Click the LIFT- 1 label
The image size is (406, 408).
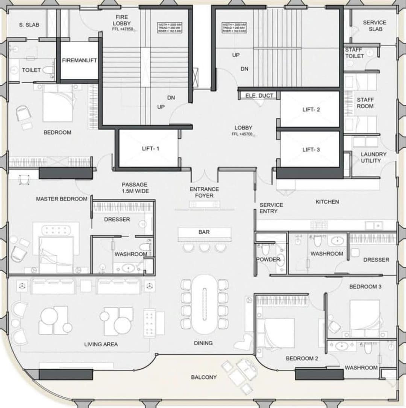point(150,149)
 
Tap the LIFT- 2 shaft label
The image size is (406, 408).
point(311,110)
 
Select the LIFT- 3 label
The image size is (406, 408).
point(311,149)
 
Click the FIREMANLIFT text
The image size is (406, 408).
point(79,60)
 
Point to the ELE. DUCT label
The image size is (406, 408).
point(259,96)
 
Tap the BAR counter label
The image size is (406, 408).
point(204,232)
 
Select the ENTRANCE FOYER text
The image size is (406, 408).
point(204,193)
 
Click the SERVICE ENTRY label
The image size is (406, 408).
point(271,208)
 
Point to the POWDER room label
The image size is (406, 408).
point(268,260)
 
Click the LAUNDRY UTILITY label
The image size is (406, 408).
point(373,157)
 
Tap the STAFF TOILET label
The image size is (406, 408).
point(354,53)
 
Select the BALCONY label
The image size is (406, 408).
point(203,377)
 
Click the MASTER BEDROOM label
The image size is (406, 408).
point(62,199)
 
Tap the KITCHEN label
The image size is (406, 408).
point(327,202)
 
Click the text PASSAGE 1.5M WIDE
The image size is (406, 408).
point(135,188)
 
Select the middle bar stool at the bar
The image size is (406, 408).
point(204,247)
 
